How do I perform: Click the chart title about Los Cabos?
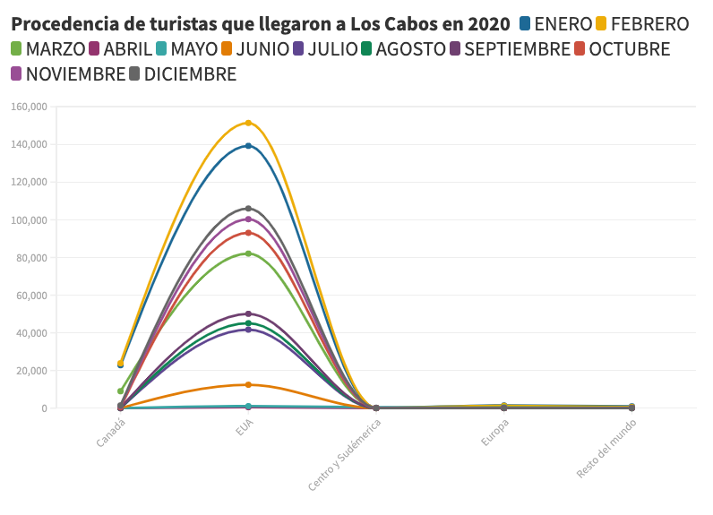[x=261, y=24]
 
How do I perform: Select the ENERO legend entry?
[x=561, y=24]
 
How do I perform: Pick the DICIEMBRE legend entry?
[x=184, y=74]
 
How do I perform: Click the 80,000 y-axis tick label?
[x=31, y=258]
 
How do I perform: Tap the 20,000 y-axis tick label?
[x=31, y=371]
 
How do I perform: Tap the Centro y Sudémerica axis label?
[x=345, y=453]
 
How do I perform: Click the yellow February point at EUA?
[x=248, y=123]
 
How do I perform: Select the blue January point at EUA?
[x=248, y=145]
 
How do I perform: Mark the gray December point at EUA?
[x=248, y=209]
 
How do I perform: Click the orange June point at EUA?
[x=248, y=385]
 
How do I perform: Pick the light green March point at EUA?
[x=248, y=253]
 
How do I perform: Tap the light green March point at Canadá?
[x=120, y=391]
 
